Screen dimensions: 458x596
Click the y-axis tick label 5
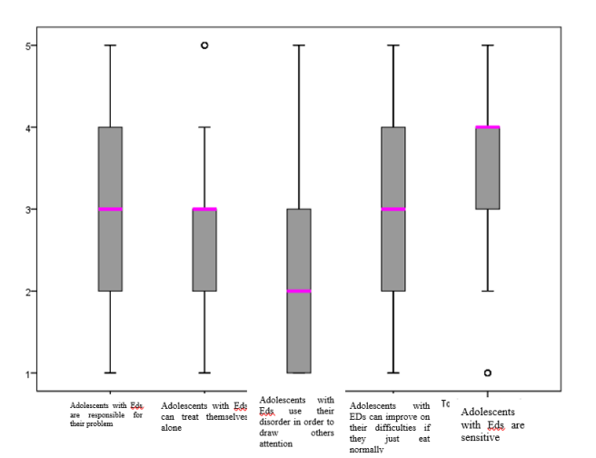pyautogui.click(x=31, y=45)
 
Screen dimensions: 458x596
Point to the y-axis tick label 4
pyautogui.click(x=31, y=127)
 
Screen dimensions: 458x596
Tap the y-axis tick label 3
pyautogui.click(x=31, y=209)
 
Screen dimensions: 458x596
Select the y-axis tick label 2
pyautogui.click(x=31, y=292)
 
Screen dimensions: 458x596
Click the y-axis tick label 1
pyautogui.click(x=31, y=373)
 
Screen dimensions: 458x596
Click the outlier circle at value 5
pyautogui.click(x=204, y=45)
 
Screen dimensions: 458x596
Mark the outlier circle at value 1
pyautogui.click(x=488, y=373)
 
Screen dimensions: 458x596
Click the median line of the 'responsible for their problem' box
pyautogui.click(x=110, y=209)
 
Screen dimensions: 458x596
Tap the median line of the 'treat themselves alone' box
pyautogui.click(x=204, y=209)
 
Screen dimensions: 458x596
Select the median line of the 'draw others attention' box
pyautogui.click(x=299, y=291)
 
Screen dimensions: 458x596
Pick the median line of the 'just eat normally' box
pyautogui.click(x=393, y=209)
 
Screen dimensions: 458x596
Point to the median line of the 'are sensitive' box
pyautogui.click(x=488, y=127)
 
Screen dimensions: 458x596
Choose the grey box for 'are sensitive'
pyautogui.click(x=488, y=168)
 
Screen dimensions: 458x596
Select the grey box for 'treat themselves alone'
pyautogui.click(x=204, y=250)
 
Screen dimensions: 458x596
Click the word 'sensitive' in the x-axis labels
pyautogui.click(x=481, y=437)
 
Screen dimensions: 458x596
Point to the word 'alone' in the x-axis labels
pyautogui.click(x=173, y=427)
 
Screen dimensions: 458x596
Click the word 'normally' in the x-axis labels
pyautogui.click(x=366, y=448)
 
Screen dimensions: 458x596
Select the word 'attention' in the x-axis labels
pyautogui.click(x=276, y=444)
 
